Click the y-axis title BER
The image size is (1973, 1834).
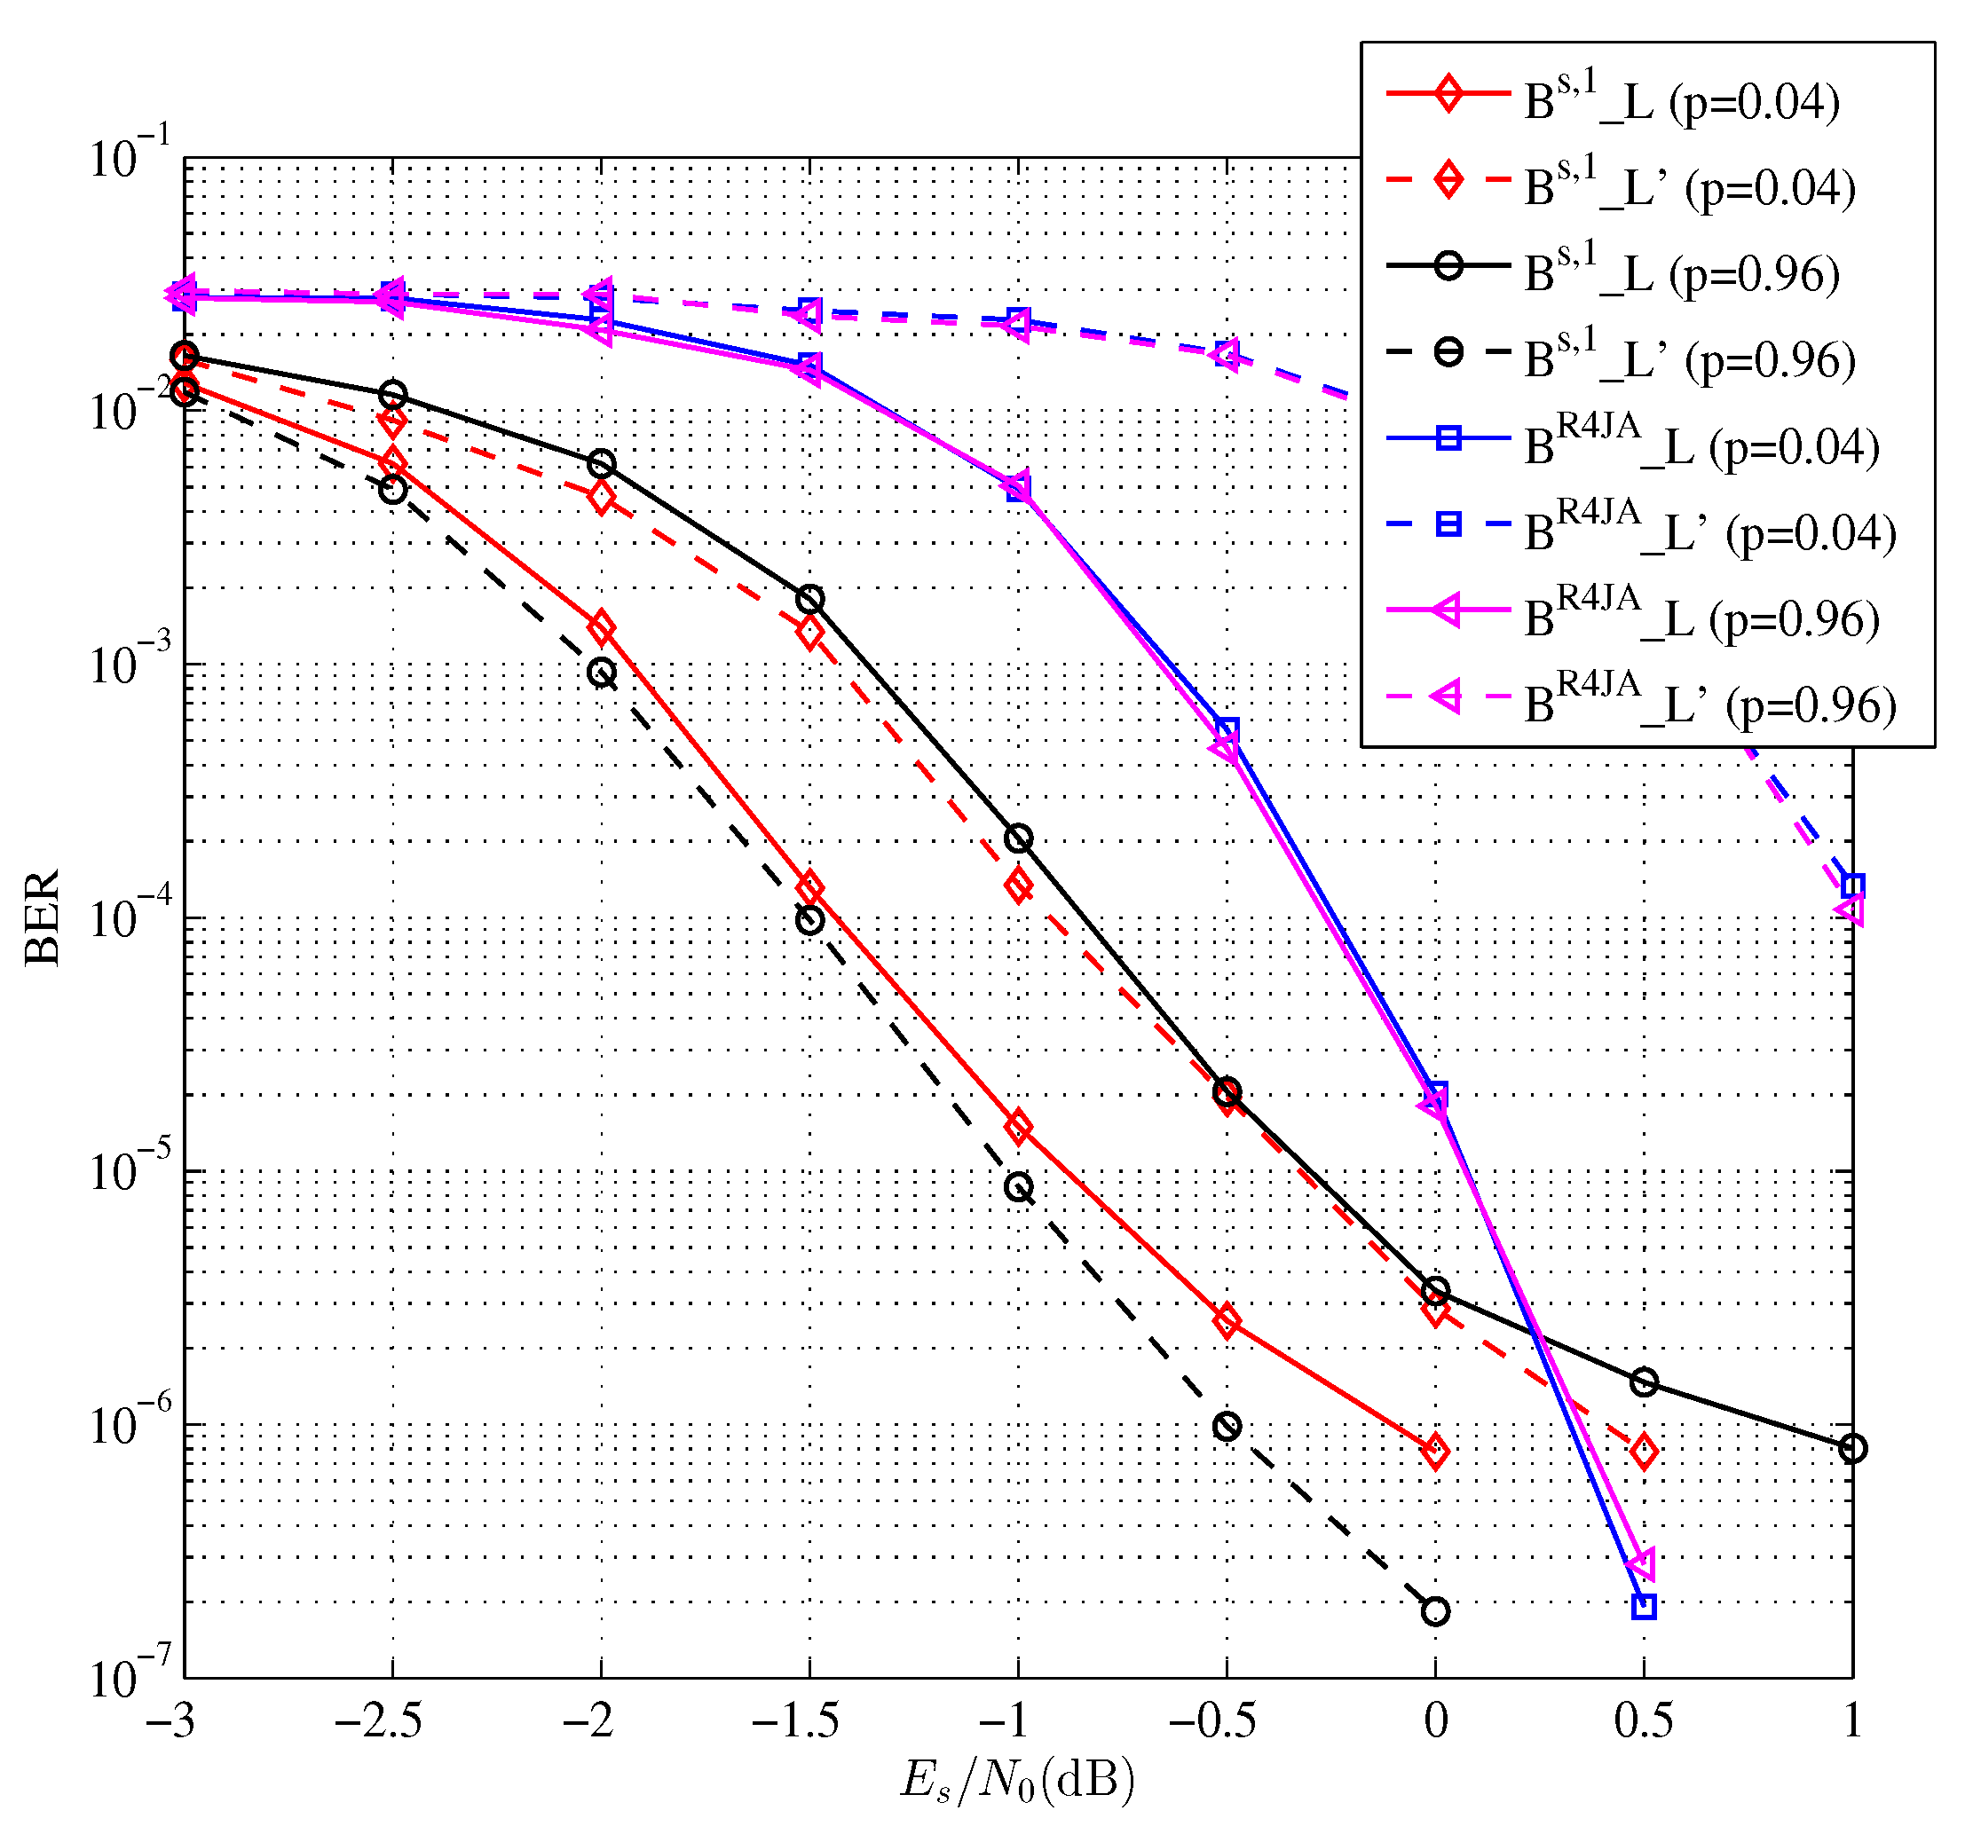42,917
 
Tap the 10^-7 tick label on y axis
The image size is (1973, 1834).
130,1678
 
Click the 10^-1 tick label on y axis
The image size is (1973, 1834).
130,157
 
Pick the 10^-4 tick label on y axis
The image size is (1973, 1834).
130,918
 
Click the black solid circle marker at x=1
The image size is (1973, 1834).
1852,1449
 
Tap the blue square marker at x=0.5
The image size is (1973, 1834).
1644,1607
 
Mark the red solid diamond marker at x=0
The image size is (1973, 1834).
1435,1452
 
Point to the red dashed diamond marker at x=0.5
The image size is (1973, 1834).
1644,1452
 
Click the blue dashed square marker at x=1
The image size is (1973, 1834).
1852,886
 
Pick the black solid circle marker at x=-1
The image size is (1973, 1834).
1018,838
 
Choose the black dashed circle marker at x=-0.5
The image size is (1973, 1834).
1227,1427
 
